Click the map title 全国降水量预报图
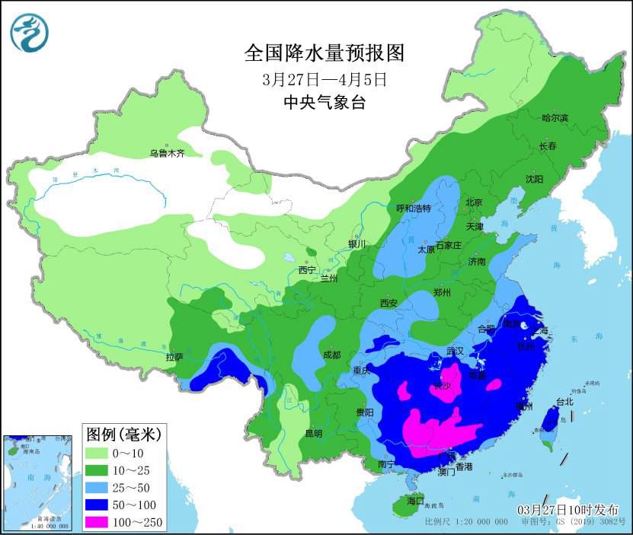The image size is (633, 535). (x=323, y=53)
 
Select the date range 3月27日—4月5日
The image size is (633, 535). (x=324, y=79)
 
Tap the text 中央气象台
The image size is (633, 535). (x=324, y=103)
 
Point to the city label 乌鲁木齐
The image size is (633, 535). (x=167, y=154)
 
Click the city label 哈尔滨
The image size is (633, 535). (x=555, y=118)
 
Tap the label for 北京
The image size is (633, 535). (x=474, y=202)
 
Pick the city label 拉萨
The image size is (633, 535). (x=174, y=356)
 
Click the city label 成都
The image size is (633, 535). (x=331, y=354)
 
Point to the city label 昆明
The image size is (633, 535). (x=314, y=433)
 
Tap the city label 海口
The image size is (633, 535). (x=415, y=502)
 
